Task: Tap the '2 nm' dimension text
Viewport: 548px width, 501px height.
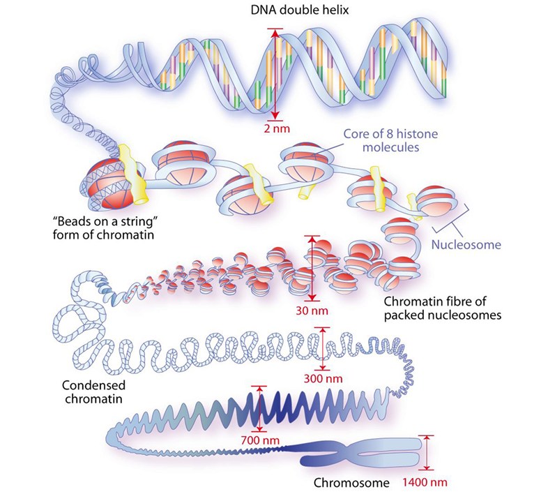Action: point(277,128)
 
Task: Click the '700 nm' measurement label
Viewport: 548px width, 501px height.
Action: point(260,440)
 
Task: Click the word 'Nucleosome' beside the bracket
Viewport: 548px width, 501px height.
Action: point(466,245)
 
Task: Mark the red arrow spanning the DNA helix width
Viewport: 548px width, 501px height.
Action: point(277,74)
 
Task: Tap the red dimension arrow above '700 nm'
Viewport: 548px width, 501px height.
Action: point(260,408)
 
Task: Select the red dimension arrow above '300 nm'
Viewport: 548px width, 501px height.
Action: point(321,347)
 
